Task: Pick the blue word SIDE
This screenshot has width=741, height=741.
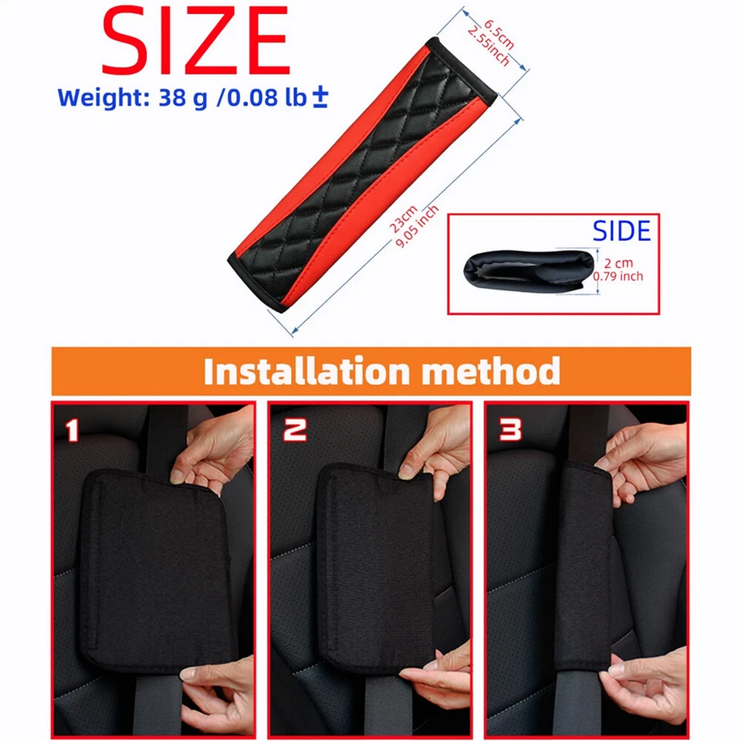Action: click(x=621, y=231)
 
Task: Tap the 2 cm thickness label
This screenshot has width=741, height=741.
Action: click(x=618, y=262)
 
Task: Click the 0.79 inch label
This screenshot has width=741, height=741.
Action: click(x=618, y=276)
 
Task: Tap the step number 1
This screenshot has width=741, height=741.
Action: click(x=73, y=430)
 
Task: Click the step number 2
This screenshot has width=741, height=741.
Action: click(x=294, y=430)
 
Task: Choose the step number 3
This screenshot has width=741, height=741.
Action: click(x=510, y=430)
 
